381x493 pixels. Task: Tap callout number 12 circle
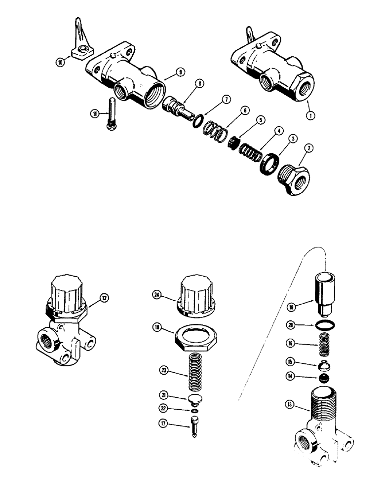104,298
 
